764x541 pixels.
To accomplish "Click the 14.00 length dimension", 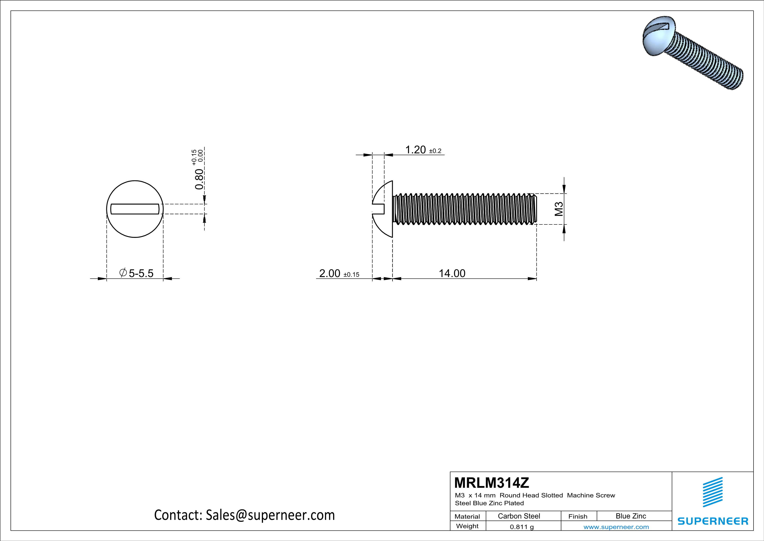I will [x=452, y=274].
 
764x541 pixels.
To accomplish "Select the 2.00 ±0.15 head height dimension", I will [x=339, y=274].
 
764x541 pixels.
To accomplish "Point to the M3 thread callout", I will [x=559, y=209].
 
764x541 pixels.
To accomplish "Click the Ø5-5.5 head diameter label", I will [x=136, y=274].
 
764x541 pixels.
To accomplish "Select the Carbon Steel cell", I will [x=519, y=516].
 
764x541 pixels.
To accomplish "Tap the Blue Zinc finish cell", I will [x=630, y=516].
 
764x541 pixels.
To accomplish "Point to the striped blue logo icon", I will [x=712, y=492].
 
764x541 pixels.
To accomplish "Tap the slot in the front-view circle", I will [x=135, y=209].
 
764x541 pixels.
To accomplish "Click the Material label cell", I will [x=467, y=516].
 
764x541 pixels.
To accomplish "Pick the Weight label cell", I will [x=467, y=526].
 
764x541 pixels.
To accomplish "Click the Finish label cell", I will [x=578, y=516].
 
